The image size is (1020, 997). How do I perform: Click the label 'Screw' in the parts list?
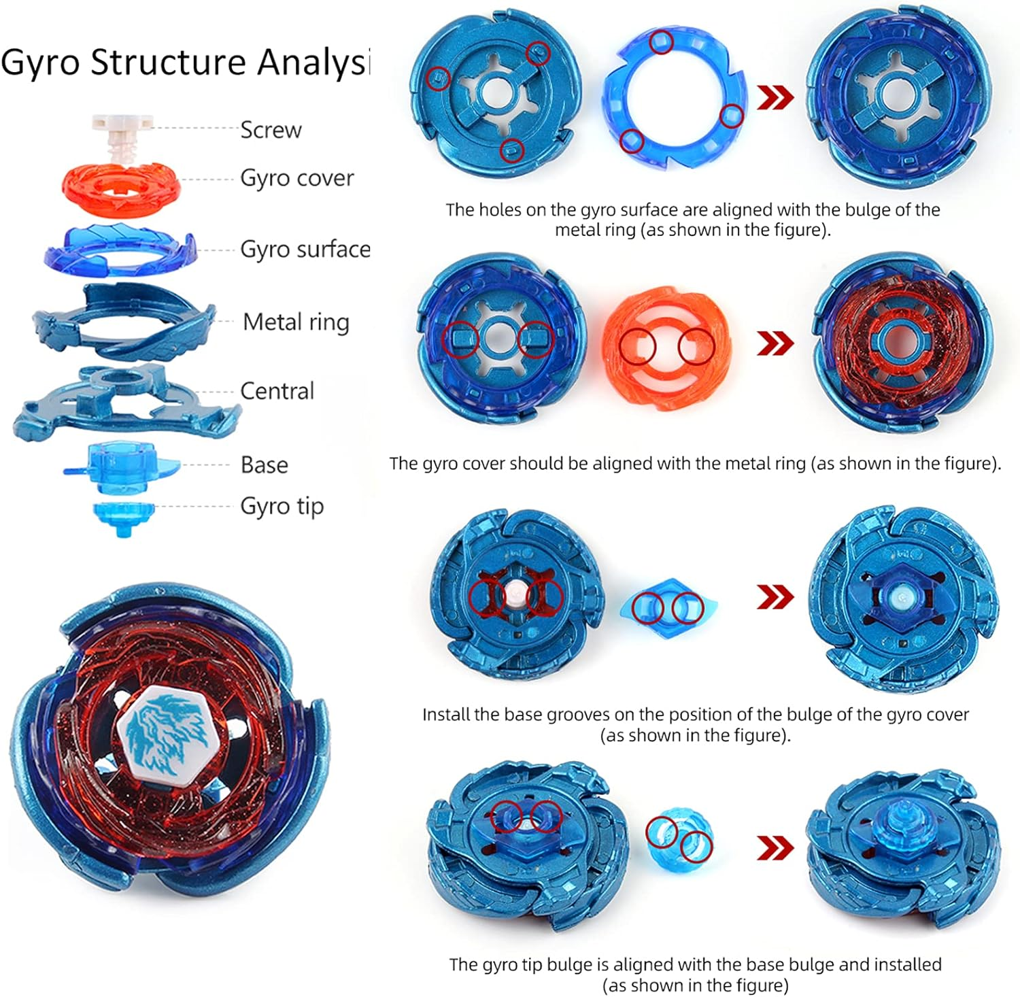[271, 129]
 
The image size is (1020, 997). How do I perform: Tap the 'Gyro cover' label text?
[296, 178]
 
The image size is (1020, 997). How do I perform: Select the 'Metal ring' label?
[296, 322]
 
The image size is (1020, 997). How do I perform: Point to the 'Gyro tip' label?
[282, 507]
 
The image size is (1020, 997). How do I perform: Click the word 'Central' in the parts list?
[277, 391]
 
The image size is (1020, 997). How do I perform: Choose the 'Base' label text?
[264, 465]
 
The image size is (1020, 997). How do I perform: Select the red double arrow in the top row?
[775, 98]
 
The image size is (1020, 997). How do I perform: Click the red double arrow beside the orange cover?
[775, 343]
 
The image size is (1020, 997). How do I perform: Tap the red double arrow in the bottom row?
[775, 848]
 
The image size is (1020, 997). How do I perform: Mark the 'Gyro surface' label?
[305, 250]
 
